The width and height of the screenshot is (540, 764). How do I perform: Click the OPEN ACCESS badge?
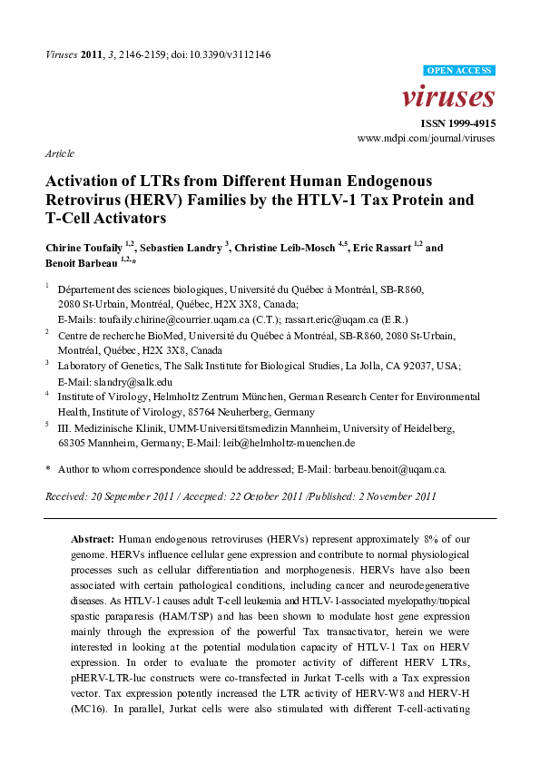click(x=459, y=69)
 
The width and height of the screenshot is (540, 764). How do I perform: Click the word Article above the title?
click(x=60, y=153)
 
